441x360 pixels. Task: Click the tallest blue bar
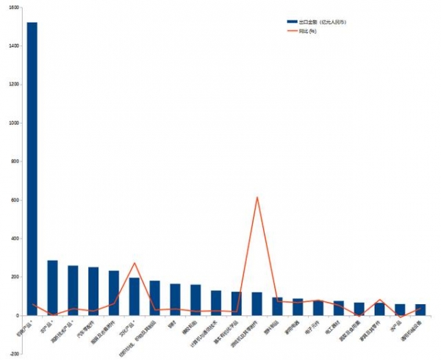32,169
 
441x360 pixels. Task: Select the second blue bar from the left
52,287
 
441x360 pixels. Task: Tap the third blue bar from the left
73,290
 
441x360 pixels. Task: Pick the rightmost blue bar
420,309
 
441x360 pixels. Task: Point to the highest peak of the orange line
257,197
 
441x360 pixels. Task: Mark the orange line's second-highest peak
135,263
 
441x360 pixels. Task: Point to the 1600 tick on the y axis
14,7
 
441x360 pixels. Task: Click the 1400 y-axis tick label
14,46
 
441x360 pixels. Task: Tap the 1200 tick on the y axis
14,84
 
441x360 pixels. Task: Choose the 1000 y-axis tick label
14,123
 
